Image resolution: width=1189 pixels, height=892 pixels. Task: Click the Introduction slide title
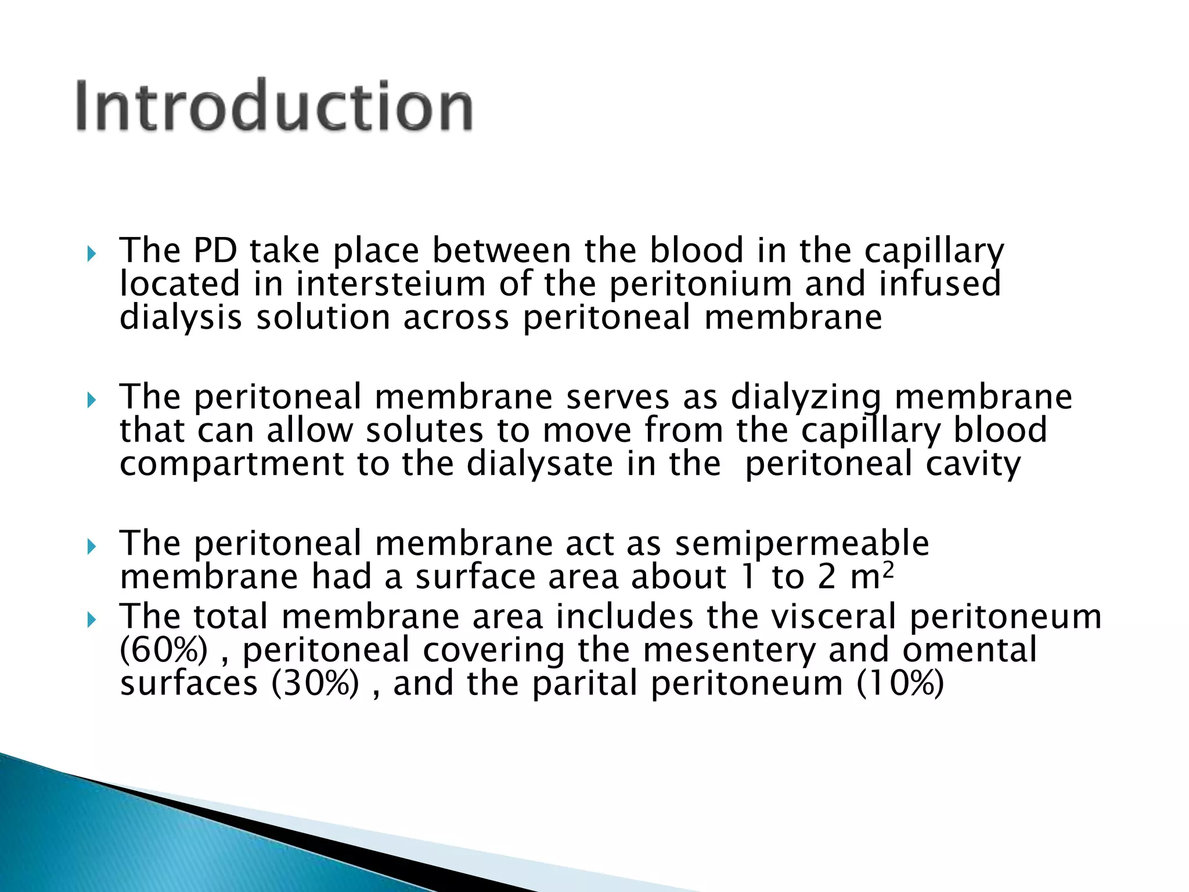pos(274,106)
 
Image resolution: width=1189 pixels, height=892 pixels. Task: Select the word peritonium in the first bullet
pos(701,285)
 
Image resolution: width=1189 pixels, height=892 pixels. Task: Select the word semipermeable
pos(802,544)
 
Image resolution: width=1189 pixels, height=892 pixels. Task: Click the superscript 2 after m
pos(888,570)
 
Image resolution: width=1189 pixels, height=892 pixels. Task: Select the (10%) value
pos(900,684)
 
